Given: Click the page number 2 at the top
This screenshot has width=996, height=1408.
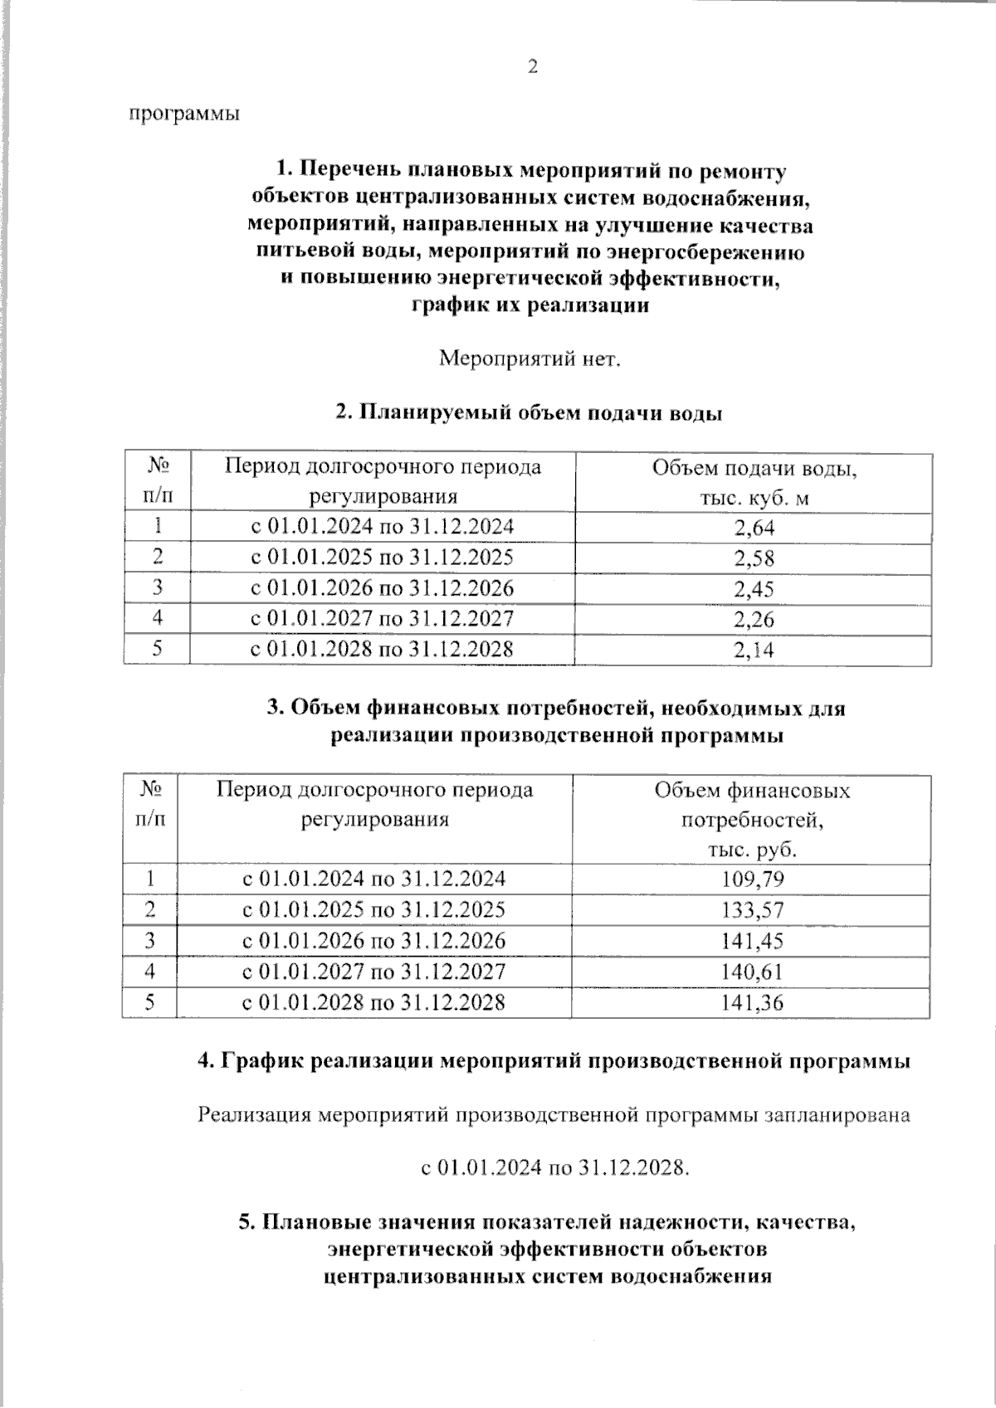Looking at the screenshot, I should pos(533,67).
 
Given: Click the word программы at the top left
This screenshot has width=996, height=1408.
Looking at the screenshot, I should pos(184,114).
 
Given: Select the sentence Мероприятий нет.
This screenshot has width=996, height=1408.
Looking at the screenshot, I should pos(530,359).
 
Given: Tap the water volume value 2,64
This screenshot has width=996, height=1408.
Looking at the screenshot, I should pos(754,527).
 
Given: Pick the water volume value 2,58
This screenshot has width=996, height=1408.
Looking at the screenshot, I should pos(754,558).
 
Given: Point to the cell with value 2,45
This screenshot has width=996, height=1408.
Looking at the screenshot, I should pos(754,588).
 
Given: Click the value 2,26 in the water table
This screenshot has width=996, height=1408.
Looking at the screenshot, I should pos(754,619).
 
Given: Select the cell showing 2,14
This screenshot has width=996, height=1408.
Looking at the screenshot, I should pos(754,650).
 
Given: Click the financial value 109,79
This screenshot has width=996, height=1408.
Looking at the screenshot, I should pos(752,879).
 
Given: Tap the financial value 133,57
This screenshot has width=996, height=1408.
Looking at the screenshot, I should pos(752,910).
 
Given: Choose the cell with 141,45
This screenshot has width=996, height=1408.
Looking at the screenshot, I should pos(752,941).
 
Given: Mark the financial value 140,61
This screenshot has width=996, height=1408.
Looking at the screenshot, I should pos(752,972).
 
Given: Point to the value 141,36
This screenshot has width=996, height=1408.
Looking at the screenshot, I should pos(752,1002).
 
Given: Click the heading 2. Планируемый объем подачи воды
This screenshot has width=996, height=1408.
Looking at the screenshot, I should pos(529,412).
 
